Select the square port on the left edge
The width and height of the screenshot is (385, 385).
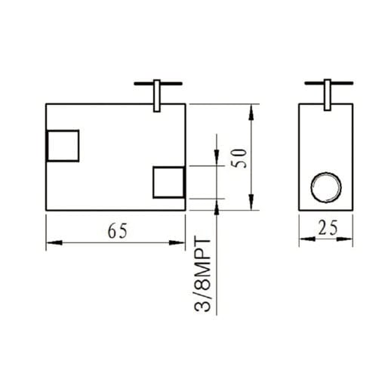point(63,145)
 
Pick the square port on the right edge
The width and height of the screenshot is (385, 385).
point(169,182)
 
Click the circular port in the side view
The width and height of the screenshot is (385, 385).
point(326,185)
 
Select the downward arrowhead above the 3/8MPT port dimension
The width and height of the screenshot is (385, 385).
point(217,160)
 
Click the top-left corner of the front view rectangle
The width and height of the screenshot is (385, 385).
point(47,103)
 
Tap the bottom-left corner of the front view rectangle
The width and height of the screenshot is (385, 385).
point(47,210)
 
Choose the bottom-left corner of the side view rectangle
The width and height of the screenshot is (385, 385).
point(300,210)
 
